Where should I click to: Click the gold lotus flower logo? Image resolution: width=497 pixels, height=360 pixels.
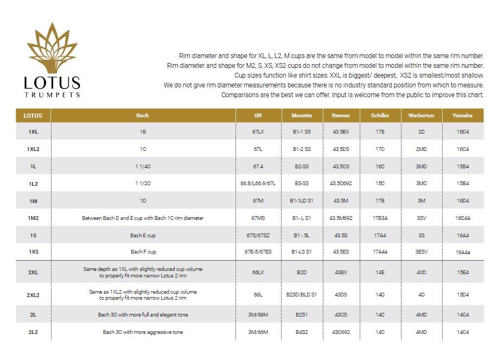[52, 48]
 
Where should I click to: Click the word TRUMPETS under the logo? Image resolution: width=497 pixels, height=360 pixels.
[52, 94]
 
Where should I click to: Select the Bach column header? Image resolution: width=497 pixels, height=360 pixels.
[143, 116]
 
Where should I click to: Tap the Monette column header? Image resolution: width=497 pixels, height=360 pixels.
[302, 116]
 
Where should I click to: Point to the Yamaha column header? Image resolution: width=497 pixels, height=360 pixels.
[462, 116]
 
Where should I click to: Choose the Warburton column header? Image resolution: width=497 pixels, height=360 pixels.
[421, 116]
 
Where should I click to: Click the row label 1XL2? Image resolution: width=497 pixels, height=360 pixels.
[33, 149]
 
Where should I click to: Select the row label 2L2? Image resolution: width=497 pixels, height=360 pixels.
[33, 332]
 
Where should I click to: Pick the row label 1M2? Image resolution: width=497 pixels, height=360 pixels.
[33, 218]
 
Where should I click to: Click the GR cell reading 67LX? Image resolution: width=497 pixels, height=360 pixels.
[258, 132]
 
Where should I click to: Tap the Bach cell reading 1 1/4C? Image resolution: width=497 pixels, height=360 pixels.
[143, 166]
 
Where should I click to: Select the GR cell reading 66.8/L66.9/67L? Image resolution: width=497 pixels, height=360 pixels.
[258, 184]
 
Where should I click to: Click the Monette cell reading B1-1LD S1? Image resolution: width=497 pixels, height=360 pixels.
[302, 201]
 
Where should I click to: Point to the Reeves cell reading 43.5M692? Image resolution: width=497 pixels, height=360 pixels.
[341, 218]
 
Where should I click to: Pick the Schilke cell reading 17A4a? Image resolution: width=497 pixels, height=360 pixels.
[380, 252]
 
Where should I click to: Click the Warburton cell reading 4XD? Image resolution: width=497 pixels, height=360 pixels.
[421, 272]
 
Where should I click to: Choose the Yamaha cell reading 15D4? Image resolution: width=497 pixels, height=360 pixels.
[462, 295]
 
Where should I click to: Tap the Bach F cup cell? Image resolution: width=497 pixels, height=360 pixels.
[143, 252]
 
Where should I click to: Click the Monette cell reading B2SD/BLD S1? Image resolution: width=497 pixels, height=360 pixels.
[302, 295]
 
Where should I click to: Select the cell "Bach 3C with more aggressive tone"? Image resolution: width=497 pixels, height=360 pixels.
[143, 332]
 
